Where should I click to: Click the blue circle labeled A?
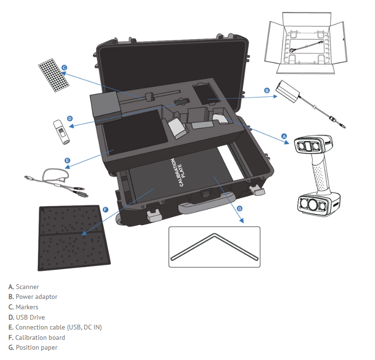(284, 136)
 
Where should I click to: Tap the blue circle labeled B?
(267, 91)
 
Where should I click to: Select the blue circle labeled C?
(64, 68)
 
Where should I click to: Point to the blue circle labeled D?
(70, 118)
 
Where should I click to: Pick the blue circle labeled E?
(68, 161)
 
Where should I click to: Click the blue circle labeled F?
(105, 210)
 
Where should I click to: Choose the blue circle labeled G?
(239, 209)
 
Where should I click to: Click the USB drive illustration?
(62, 132)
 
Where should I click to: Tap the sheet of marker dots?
(54, 75)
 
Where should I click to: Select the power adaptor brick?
(288, 91)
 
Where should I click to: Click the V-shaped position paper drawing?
(215, 247)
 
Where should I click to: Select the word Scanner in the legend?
(27, 287)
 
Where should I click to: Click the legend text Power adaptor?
(36, 297)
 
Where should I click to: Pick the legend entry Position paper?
(33, 348)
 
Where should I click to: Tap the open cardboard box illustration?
(306, 43)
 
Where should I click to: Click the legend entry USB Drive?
(26, 317)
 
